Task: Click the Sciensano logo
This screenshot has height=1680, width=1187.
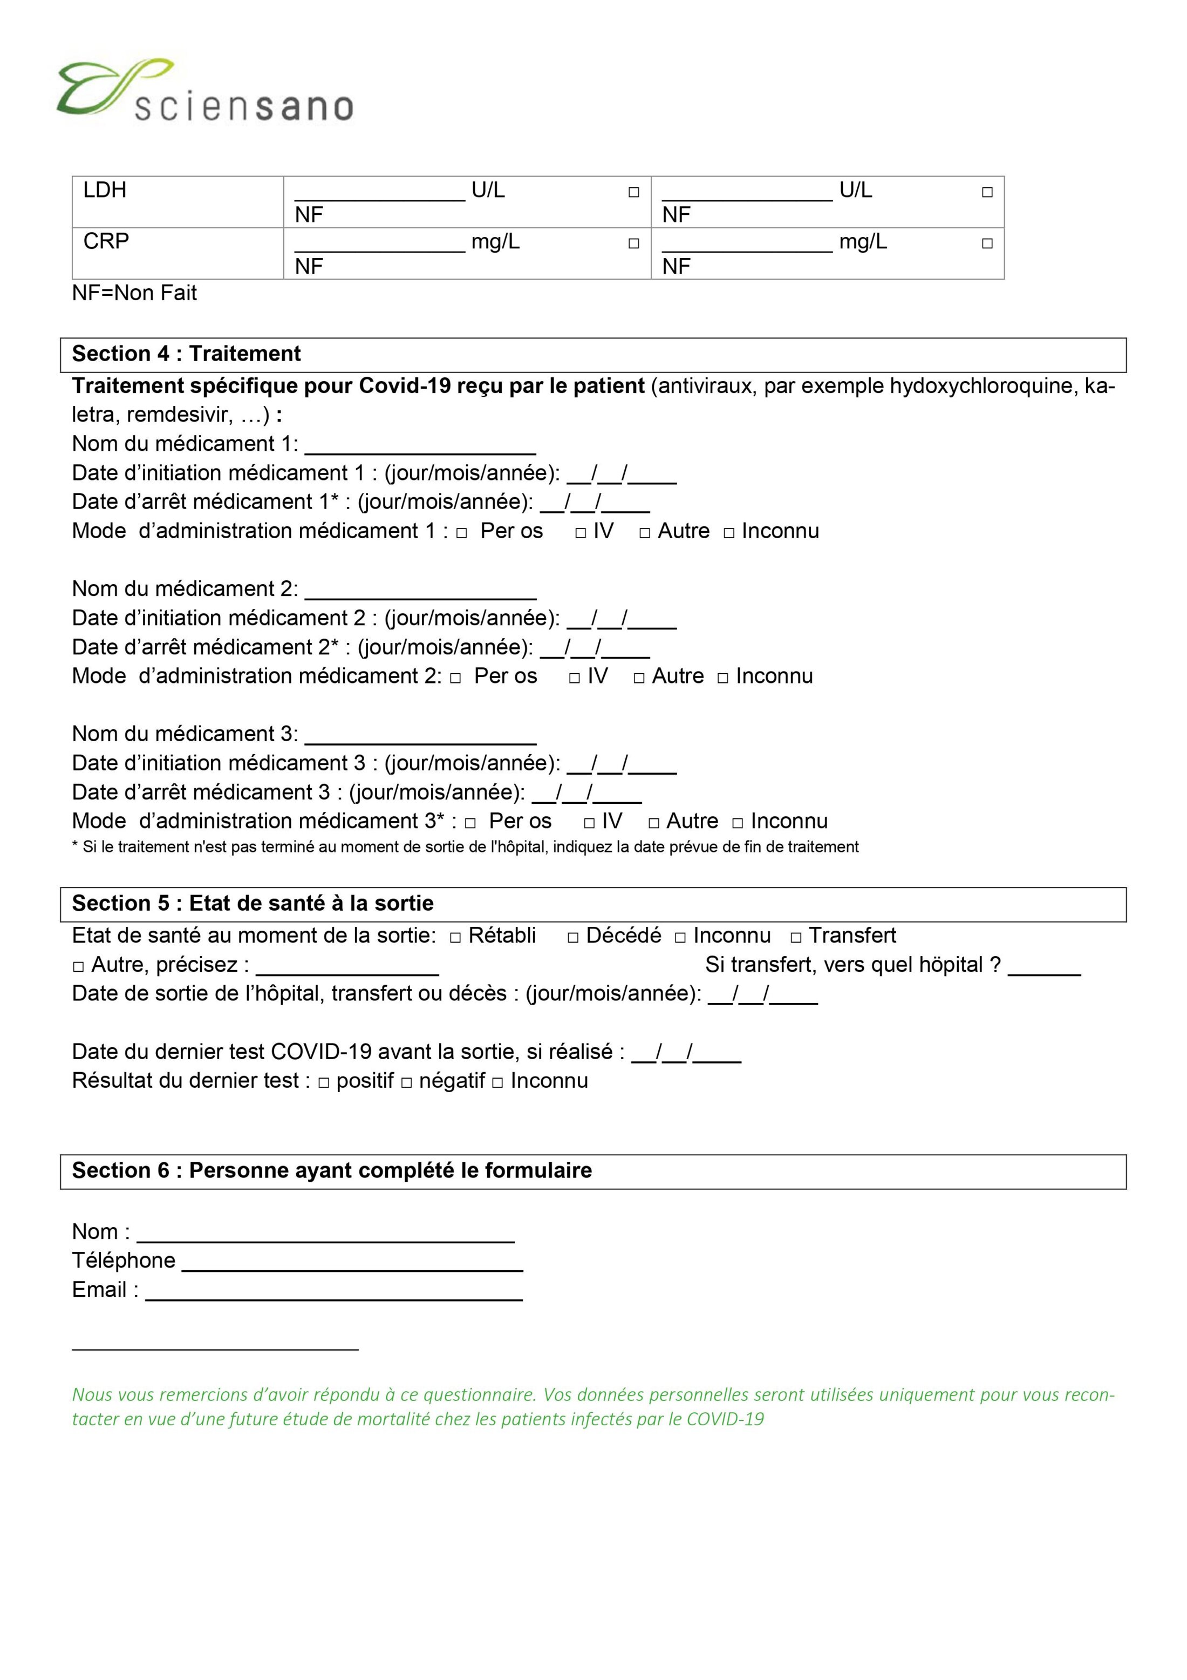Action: (205, 91)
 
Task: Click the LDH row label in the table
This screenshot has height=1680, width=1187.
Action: (105, 190)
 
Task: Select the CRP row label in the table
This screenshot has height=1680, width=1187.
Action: (106, 241)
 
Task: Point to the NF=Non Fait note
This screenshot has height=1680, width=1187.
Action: (134, 294)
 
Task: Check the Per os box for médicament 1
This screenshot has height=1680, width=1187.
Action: (461, 533)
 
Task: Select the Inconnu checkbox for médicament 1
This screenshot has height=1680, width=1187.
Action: (729, 533)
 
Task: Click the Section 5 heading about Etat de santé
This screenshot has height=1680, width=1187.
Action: (253, 904)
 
